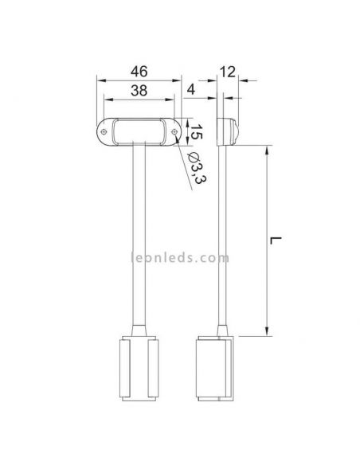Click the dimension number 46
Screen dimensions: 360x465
click(139, 72)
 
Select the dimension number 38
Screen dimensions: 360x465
click(139, 90)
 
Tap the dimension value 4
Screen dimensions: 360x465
click(191, 89)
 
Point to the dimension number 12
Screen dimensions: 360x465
click(228, 72)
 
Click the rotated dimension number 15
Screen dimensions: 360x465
click(196, 131)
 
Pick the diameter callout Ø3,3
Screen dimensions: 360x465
click(198, 168)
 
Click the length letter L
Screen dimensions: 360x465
click(276, 240)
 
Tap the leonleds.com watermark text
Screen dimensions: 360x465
click(180, 257)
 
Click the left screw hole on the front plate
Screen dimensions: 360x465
click(104, 131)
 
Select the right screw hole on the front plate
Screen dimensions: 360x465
click(174, 131)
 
